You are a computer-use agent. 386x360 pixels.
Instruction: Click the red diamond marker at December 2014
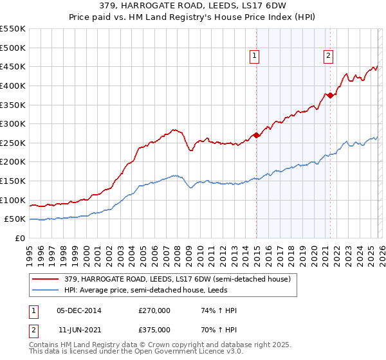pyautogui.click(x=256, y=135)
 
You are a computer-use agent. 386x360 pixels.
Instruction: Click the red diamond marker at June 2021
pyautogui.click(x=330, y=95)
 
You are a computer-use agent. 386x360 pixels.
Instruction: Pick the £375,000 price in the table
pyautogui.click(x=154, y=329)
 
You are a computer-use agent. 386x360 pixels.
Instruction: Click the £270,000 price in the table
pyautogui.click(x=154, y=310)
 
